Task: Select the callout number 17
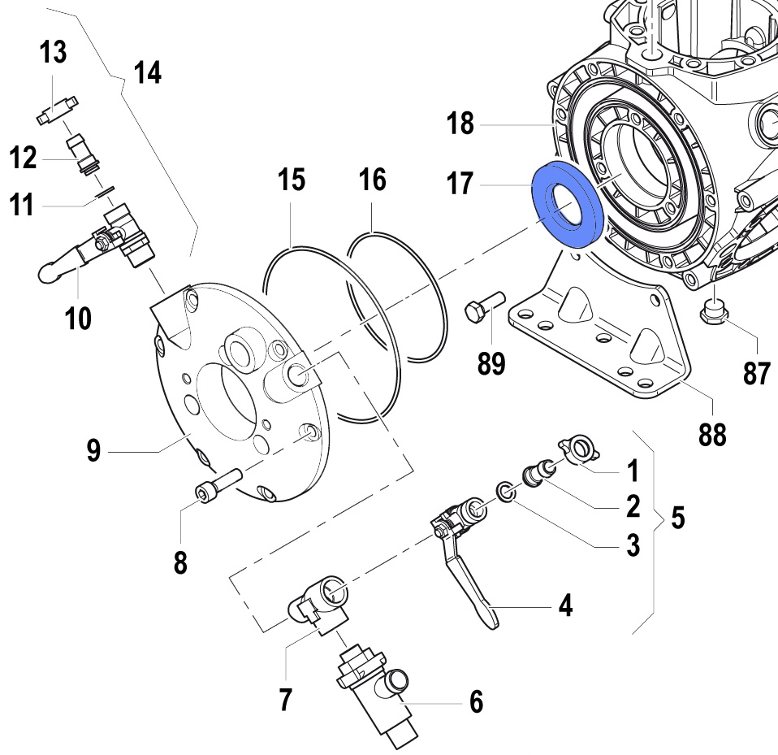459,184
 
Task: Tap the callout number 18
459,124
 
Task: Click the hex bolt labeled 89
485,307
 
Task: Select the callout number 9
95,449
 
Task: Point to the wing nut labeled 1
576,449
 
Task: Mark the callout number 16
373,180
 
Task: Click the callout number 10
79,319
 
